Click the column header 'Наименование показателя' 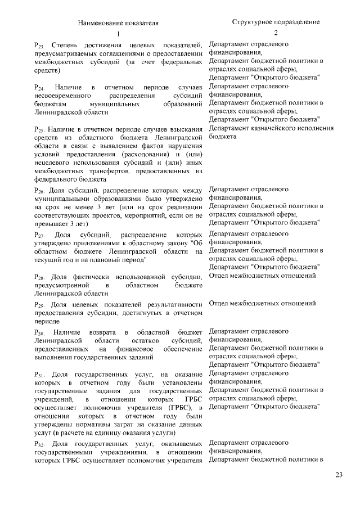[x=118, y=23]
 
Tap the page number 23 [x=339, y=475]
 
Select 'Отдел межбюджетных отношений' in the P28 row [x=262, y=276]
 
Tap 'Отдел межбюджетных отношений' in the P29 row [x=262, y=304]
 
